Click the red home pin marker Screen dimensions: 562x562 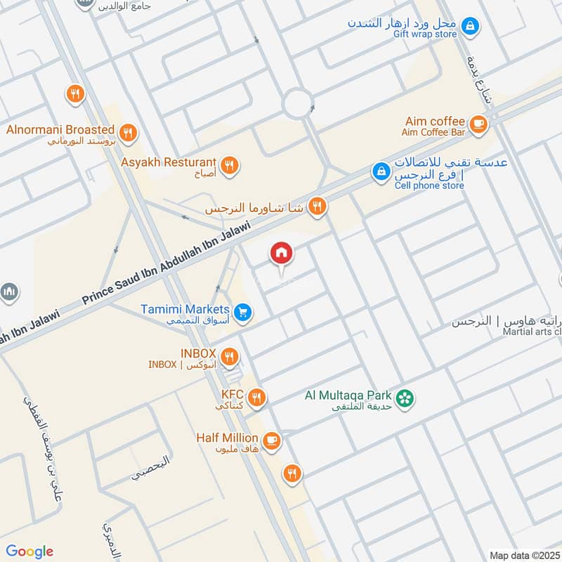tap(282, 253)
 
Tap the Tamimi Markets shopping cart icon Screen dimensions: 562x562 tap(243, 312)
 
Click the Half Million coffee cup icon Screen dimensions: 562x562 tap(272, 441)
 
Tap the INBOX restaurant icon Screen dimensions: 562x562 tap(229, 358)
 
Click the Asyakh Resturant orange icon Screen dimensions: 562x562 tap(229, 166)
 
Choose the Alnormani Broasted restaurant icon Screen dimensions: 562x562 tap(127, 132)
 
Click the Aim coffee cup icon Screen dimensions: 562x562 tap(478, 124)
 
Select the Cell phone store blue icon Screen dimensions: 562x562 tap(380, 171)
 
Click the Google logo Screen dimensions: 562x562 tap(30, 551)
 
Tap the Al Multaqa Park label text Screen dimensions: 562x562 tap(347, 395)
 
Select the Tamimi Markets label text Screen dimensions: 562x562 tap(185, 309)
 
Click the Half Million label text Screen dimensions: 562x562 tap(227, 438)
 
